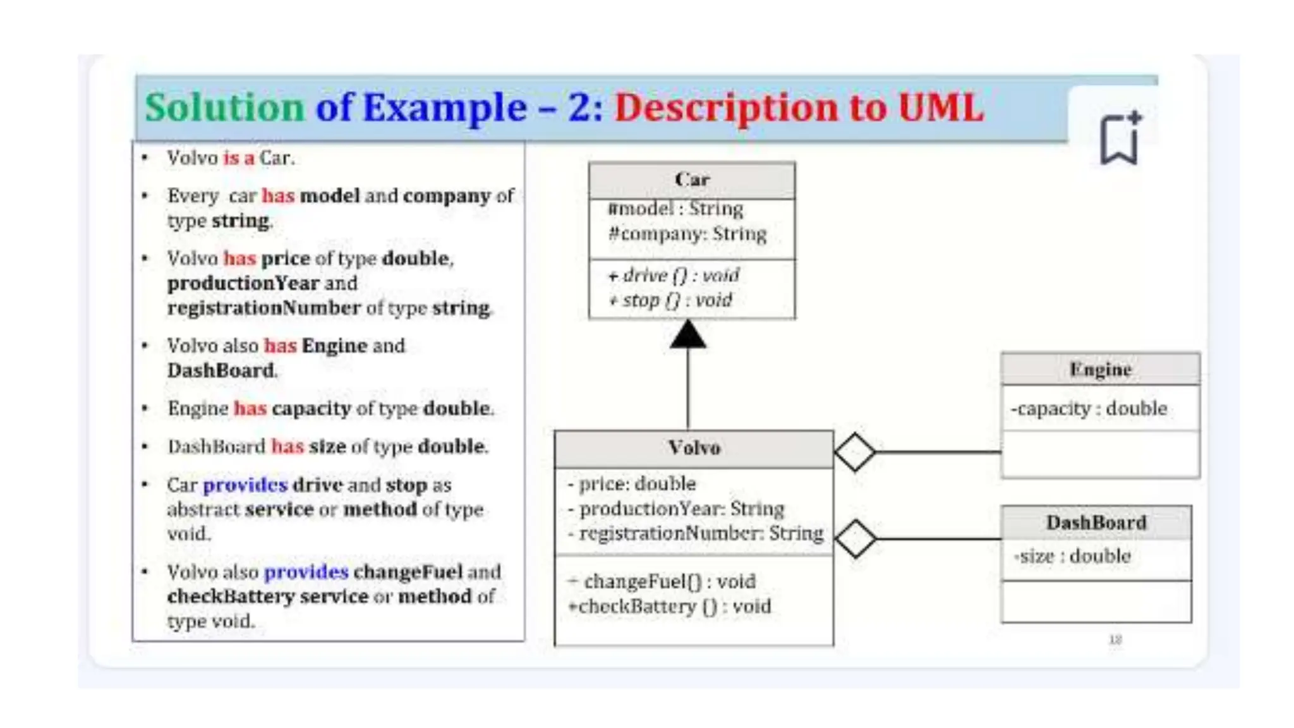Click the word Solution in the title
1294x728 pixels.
225,107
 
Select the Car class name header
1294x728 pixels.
692,179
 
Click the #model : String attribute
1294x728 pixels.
675,209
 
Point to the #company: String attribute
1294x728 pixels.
687,234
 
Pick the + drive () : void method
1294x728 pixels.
674,275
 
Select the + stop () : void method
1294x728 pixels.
670,300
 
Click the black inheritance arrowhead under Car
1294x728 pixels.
688,334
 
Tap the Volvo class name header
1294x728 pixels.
694,448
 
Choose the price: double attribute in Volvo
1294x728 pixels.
632,483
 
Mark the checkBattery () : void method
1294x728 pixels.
670,606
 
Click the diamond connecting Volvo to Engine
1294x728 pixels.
855,452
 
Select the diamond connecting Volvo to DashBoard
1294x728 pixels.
856,538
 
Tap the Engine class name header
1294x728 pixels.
1100,369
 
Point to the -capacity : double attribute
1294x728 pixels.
1089,408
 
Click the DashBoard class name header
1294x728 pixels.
1096,523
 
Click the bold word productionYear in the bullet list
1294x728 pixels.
243,282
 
